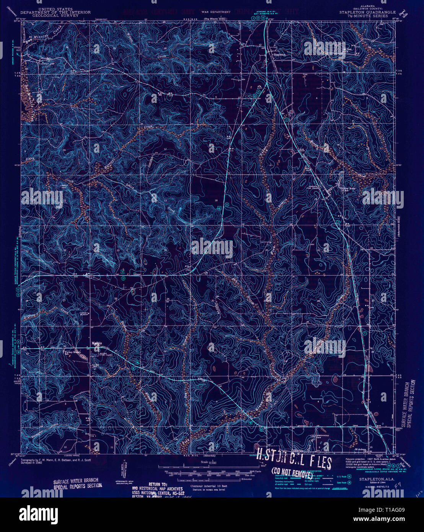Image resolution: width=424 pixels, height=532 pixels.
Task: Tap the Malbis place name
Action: (x=97, y=343)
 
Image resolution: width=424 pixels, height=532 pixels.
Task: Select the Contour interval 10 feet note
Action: (x=209, y=486)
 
